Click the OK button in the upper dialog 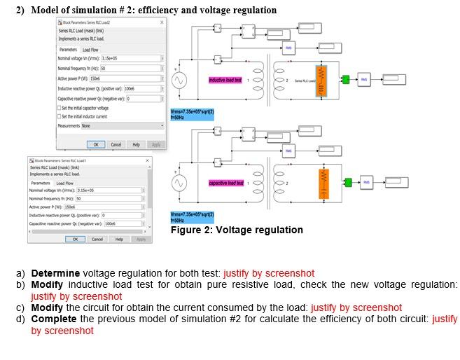point(97,144)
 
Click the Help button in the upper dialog point(136,144)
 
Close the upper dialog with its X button point(162,22)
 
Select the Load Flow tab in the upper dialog point(91,50)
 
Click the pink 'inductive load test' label point(225,81)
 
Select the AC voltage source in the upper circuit point(180,81)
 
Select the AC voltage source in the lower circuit point(180,183)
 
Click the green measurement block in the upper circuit point(346,80)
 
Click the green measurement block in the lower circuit point(347,182)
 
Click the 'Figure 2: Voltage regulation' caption point(237,230)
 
